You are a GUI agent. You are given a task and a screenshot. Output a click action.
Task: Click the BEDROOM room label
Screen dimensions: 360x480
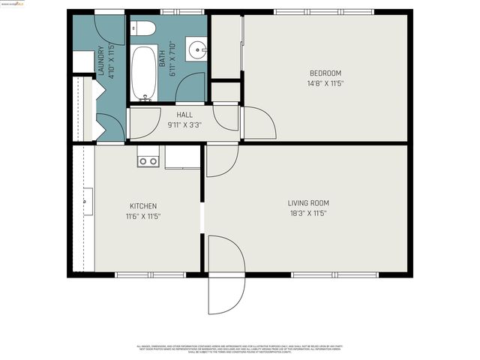coord(325,73)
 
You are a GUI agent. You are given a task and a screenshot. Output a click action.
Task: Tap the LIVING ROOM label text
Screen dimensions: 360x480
coord(308,203)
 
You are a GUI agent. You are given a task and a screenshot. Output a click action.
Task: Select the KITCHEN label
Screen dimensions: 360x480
coord(142,206)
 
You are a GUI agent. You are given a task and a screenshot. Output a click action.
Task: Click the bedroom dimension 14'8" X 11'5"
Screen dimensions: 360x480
coord(325,83)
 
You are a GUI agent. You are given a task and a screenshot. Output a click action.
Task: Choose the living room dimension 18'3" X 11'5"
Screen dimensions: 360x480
coord(308,214)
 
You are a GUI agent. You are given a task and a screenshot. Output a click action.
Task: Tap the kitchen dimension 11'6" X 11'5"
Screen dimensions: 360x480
coord(142,216)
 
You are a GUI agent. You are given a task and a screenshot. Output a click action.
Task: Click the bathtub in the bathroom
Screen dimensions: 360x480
coord(142,73)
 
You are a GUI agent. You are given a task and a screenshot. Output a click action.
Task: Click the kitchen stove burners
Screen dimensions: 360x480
coord(147,160)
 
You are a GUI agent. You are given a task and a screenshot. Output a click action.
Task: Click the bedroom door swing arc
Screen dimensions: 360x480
coord(258,121)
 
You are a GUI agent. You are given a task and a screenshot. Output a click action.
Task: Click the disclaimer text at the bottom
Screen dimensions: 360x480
coord(239,349)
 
